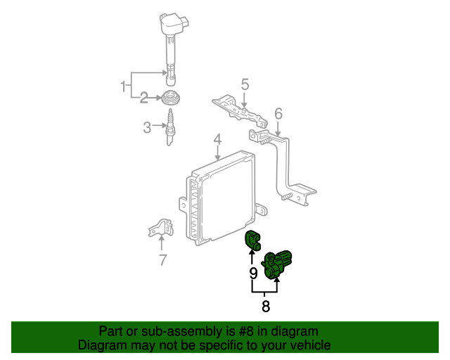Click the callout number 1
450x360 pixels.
coord(124,86)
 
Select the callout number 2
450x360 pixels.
coord(143,98)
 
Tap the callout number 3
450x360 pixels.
coord(147,127)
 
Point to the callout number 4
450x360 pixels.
coord(217,139)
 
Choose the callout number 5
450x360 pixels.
coord(245,84)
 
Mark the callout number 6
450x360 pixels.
coord(278,114)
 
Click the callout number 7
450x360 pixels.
coord(162,260)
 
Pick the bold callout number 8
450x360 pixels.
coord(266,307)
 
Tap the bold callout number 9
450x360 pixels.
coord(253,274)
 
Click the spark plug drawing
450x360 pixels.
coord(170,127)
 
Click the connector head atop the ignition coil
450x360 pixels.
coord(174,23)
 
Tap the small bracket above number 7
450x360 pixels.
coord(161,228)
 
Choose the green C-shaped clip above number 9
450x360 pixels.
coord(252,240)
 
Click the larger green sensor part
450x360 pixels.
coord(276,264)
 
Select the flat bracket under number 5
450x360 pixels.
coord(240,111)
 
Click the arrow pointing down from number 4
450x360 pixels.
coord(218,153)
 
